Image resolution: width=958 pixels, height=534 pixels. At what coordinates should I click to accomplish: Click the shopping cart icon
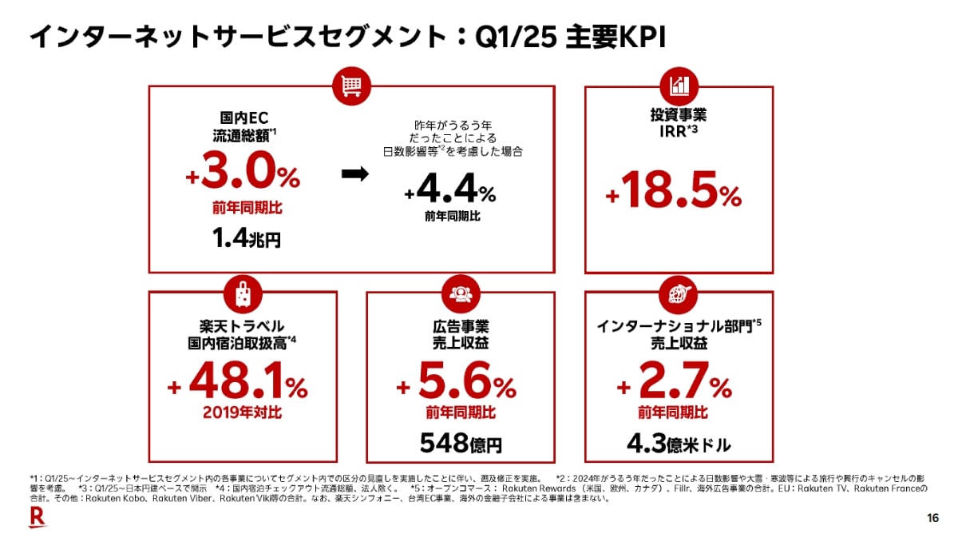(352, 85)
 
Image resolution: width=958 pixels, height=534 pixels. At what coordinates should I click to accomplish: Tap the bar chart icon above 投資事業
(680, 85)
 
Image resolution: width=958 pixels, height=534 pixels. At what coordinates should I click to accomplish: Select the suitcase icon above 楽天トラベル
(243, 293)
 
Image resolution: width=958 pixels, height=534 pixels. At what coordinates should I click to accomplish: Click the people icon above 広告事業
(459, 293)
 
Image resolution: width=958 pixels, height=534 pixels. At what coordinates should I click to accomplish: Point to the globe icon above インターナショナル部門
(679, 293)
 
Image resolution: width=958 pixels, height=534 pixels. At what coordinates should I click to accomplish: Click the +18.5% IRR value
(674, 193)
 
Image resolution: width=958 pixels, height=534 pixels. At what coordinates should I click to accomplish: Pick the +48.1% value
(238, 387)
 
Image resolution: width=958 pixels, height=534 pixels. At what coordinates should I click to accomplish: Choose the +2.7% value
(674, 387)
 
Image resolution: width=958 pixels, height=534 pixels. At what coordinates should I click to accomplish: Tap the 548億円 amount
(461, 441)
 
